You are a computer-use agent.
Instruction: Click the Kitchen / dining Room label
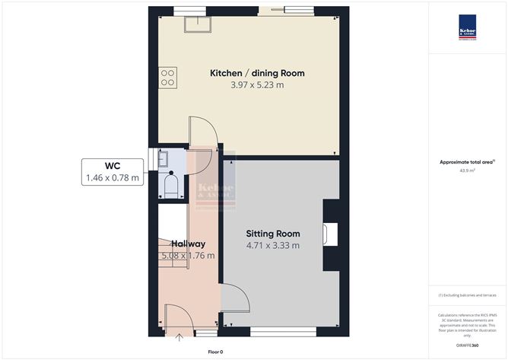point(257,73)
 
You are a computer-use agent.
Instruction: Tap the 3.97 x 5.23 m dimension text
point(257,85)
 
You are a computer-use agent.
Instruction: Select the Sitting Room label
point(272,234)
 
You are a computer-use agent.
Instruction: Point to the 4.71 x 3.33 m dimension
point(272,245)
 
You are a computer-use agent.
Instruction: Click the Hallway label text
point(188,244)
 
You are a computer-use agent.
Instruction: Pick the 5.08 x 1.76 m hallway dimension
point(188,255)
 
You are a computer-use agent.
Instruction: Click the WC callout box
point(113,172)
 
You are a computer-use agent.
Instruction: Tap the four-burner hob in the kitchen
point(167,77)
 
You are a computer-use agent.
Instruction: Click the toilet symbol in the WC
point(171,184)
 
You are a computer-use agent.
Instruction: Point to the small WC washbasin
point(163,159)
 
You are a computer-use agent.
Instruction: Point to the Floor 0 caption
point(215,352)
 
